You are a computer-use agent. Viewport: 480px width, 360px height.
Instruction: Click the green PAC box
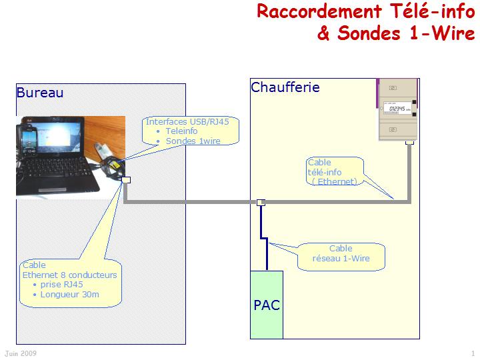click(x=267, y=305)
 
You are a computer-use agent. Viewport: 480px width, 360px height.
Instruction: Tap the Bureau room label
click(x=40, y=93)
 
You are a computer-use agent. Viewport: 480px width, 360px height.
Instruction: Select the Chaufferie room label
click(x=285, y=87)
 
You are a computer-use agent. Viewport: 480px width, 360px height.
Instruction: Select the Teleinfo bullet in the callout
click(x=181, y=131)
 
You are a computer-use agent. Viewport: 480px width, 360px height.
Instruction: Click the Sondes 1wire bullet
click(x=193, y=141)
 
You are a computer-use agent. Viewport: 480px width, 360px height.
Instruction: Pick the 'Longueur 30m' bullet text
click(x=70, y=294)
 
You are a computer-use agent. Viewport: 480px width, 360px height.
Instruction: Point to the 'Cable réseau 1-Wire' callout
click(x=341, y=253)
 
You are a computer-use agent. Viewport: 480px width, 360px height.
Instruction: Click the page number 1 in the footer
click(x=473, y=353)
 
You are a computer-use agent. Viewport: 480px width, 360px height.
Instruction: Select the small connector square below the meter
click(x=410, y=142)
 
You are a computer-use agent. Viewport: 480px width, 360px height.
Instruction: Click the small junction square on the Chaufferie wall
click(x=261, y=201)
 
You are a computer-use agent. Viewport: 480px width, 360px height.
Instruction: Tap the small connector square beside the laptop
click(x=125, y=179)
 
